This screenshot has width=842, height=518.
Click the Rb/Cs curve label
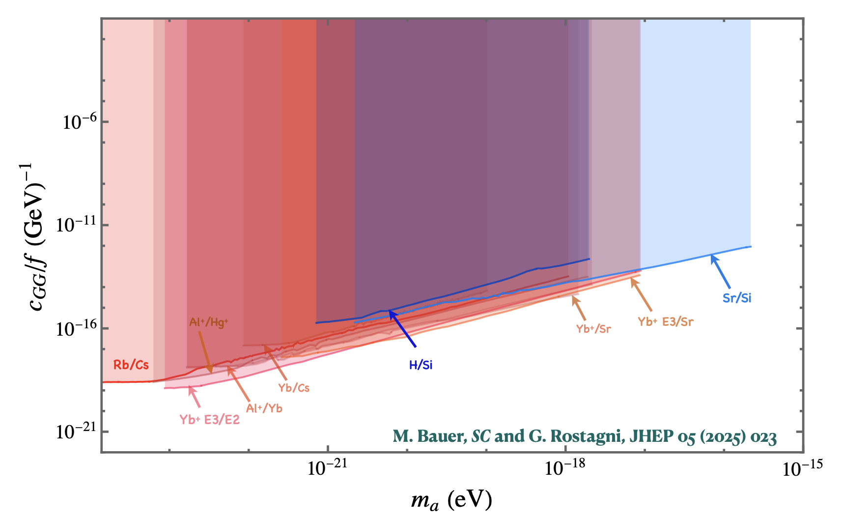click(x=131, y=365)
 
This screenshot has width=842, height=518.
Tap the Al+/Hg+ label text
click(x=209, y=322)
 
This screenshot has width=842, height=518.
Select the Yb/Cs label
click(x=294, y=388)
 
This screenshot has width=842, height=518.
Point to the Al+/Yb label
click(x=264, y=408)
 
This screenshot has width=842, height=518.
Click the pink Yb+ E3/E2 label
click(x=209, y=420)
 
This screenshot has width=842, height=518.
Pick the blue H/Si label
click(x=421, y=365)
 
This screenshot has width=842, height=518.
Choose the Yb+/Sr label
click(x=593, y=329)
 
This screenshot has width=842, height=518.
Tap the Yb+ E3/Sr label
click(x=666, y=322)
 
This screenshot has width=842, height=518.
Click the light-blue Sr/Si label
click(x=736, y=298)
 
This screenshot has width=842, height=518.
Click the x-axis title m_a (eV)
click(x=451, y=500)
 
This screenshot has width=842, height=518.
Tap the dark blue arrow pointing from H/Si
click(x=402, y=329)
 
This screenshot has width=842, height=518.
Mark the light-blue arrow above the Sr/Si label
click(x=721, y=271)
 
